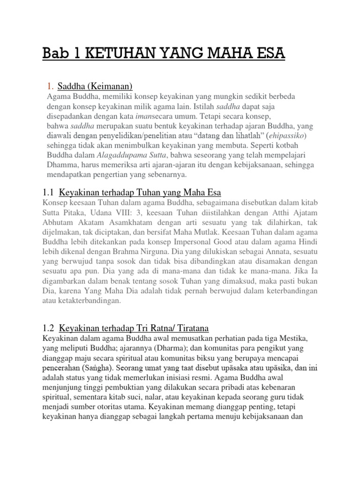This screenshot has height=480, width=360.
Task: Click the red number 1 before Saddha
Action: (x=50, y=86)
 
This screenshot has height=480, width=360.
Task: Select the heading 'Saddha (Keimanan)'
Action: (x=96, y=86)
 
